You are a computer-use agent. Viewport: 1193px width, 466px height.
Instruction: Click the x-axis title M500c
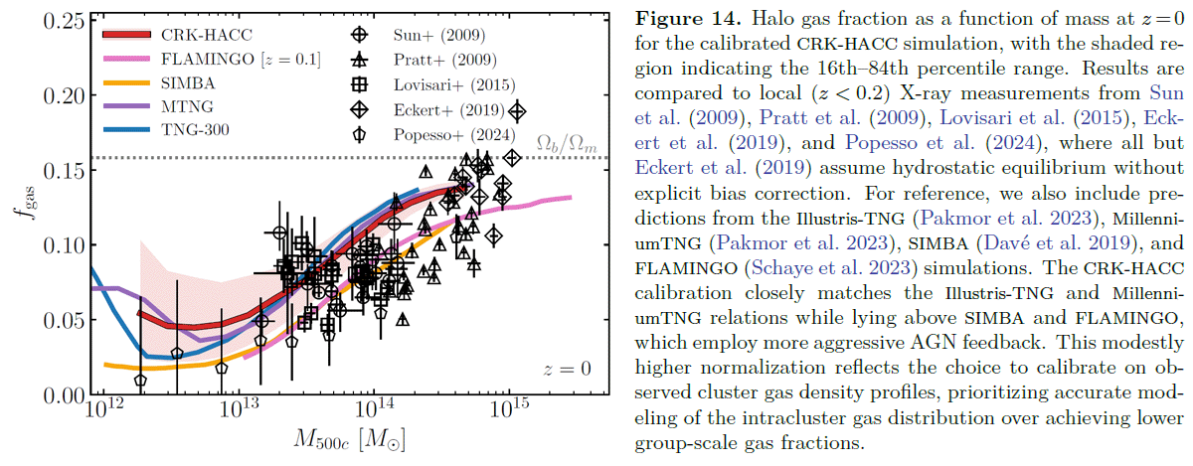point(348,441)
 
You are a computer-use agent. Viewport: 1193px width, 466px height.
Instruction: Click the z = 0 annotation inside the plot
point(567,369)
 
